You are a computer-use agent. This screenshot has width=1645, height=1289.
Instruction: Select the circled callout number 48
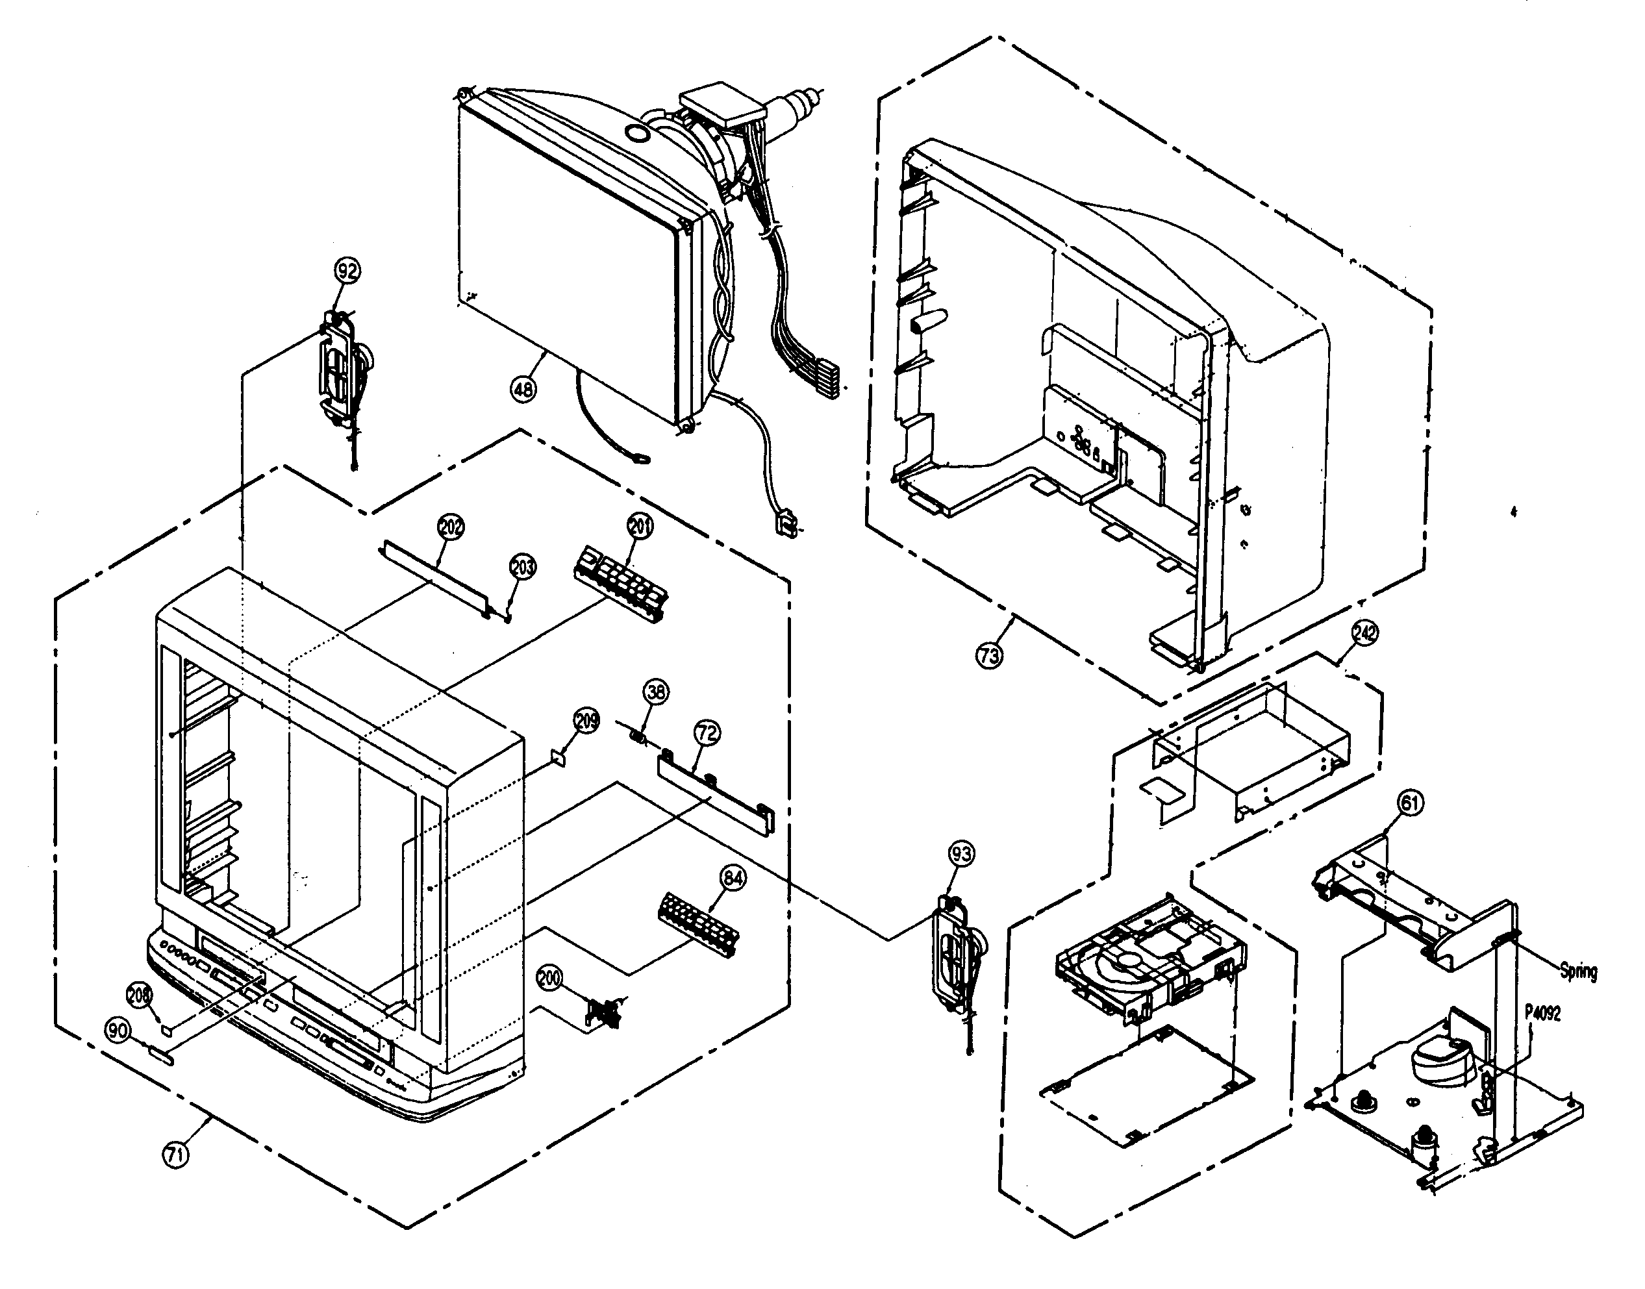click(x=523, y=390)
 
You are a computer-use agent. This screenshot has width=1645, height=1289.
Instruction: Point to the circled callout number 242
click(x=1364, y=632)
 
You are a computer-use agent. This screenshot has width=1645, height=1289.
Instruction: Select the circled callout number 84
click(x=733, y=878)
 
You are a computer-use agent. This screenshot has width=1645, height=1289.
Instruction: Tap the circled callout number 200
click(x=549, y=978)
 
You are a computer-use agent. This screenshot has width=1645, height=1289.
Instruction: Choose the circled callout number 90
click(x=118, y=1031)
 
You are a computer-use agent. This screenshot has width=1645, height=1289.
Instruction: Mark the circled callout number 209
click(x=586, y=721)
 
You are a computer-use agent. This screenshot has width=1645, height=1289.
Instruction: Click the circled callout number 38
click(x=656, y=692)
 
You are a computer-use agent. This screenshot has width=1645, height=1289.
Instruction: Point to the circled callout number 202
click(x=451, y=527)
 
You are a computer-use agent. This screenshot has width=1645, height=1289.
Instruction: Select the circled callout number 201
click(x=640, y=527)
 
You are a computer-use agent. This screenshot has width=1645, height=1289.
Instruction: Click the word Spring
click(x=1578, y=971)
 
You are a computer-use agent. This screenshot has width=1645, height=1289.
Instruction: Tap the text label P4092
click(x=1542, y=1014)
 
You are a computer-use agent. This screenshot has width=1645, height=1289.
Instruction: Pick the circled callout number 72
click(x=707, y=732)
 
